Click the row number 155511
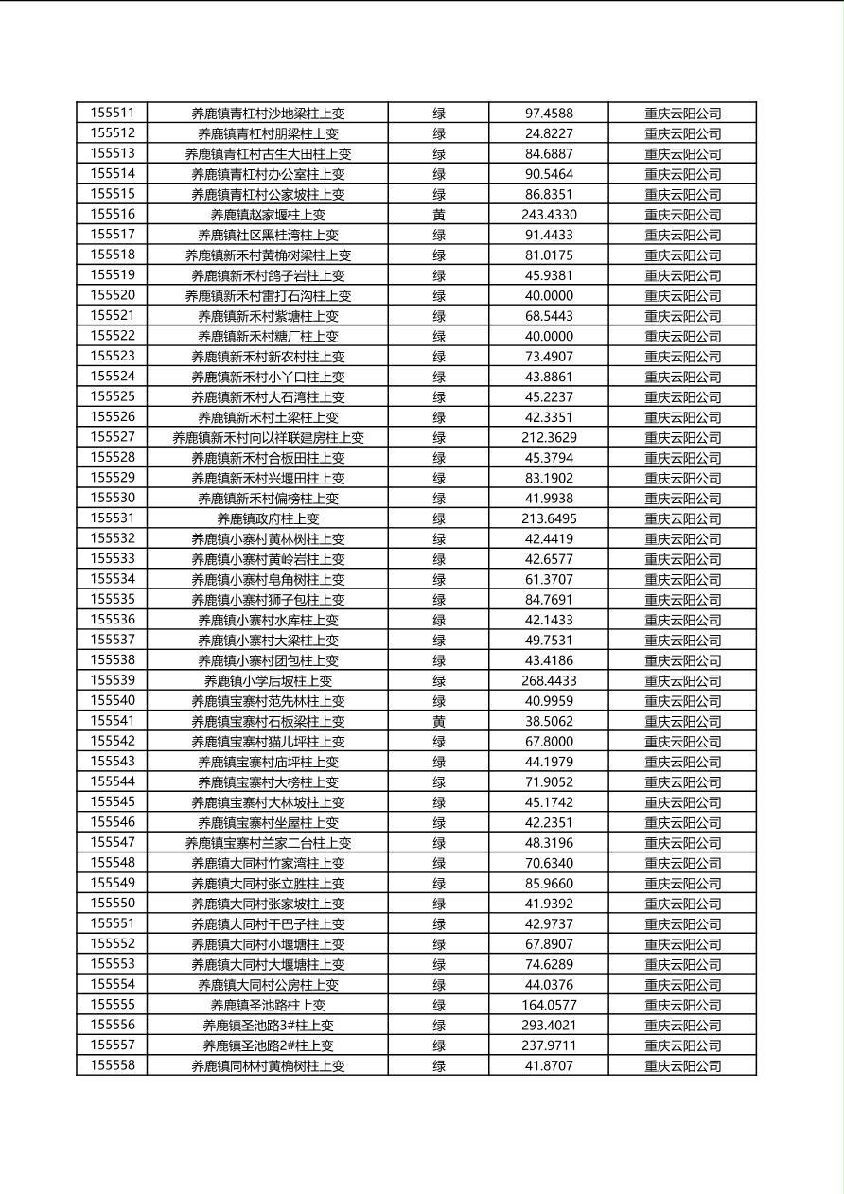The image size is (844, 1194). (113, 114)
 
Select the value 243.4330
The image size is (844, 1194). (549, 215)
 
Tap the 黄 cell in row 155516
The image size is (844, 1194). (439, 215)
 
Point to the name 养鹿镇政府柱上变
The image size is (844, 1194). (268, 518)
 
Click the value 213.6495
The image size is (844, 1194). (549, 518)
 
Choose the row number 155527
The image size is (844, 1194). (113, 437)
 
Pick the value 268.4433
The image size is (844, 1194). (549, 681)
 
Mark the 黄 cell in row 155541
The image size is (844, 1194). (439, 722)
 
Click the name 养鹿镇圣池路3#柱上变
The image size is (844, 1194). (268, 1026)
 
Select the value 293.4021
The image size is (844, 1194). (549, 1026)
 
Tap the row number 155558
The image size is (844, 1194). (113, 1066)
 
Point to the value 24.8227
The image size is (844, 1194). (549, 133)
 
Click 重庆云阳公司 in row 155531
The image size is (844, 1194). (682, 518)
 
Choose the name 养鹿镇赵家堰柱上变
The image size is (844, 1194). (268, 215)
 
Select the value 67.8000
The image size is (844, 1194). (549, 742)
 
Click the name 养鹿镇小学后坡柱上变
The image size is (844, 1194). (268, 681)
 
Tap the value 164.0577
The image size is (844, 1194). (549, 1006)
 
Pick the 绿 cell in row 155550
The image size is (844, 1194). (439, 904)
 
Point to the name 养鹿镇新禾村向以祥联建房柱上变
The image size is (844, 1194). (268, 438)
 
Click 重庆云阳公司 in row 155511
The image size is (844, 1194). (682, 114)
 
